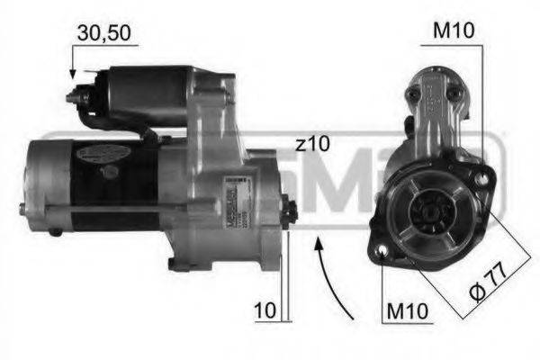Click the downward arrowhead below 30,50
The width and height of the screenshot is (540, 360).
click(x=72, y=73)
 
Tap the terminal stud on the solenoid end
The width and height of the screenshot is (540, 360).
click(x=76, y=92)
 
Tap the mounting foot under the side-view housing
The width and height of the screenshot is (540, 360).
click(x=178, y=264)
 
